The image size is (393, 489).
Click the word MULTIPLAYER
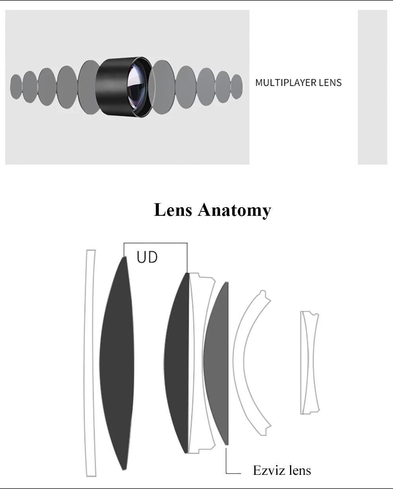286,83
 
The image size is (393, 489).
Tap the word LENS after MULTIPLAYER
330,83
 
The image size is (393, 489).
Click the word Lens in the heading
173,210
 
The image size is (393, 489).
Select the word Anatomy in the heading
235,210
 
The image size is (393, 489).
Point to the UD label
147,257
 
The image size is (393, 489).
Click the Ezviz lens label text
282,470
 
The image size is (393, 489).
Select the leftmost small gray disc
16,86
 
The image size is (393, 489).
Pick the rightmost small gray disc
237,86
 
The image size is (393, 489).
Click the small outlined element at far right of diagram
309,363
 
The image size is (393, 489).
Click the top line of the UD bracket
155,243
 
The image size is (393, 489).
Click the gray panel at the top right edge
372,87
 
